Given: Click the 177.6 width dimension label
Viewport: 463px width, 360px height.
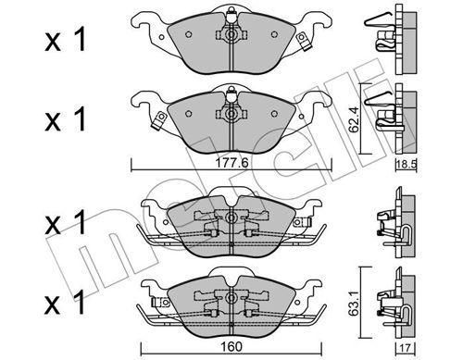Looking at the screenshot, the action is [231, 163].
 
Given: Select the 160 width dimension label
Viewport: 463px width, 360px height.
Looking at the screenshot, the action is [231, 347].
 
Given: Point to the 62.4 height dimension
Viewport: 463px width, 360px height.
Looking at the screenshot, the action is [355, 118].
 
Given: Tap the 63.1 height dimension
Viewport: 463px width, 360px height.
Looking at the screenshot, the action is [355, 303].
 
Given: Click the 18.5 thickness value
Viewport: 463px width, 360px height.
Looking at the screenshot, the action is [407, 164].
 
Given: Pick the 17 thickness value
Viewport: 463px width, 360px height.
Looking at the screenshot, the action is [406, 348].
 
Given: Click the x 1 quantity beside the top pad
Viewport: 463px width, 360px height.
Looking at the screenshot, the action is [65, 41].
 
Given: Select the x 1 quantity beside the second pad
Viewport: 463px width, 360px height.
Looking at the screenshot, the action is [65, 119].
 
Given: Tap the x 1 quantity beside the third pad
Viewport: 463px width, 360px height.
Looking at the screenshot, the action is [65, 223].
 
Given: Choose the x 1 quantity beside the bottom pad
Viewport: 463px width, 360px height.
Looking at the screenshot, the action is [65, 303].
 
